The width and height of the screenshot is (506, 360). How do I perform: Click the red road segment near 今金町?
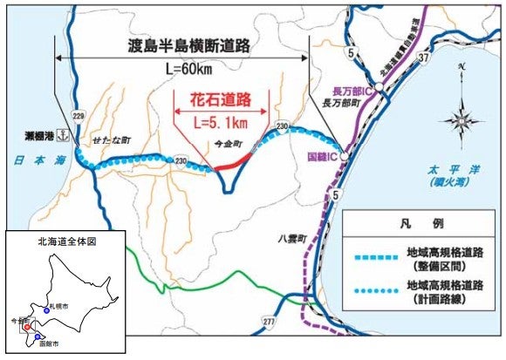coord(235,161)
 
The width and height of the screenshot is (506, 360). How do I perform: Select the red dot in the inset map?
coord(29,329)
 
